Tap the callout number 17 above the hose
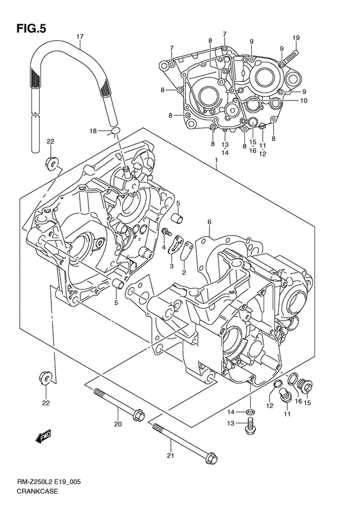pos(80,37)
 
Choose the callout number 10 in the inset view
pos(303,100)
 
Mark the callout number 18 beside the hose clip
pos(93,131)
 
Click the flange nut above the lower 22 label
pos(46,376)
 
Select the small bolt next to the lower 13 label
pos(251,425)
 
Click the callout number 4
pos(164,247)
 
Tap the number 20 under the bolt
pos(118,424)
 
